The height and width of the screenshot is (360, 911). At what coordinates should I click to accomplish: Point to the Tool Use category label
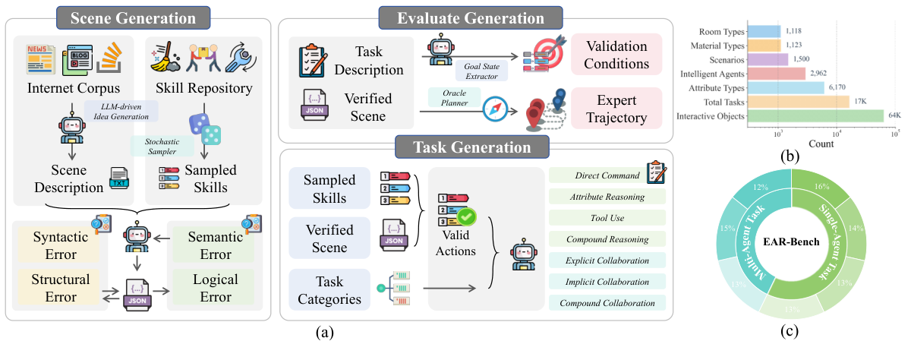coord(607,218)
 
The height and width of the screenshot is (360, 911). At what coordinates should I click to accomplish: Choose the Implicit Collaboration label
coord(607,282)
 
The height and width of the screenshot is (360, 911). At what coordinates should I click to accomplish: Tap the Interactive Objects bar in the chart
coord(815,115)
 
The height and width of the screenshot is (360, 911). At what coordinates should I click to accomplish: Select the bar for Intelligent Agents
coord(776,74)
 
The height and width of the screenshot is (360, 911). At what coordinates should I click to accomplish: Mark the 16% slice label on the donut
coord(821,185)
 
